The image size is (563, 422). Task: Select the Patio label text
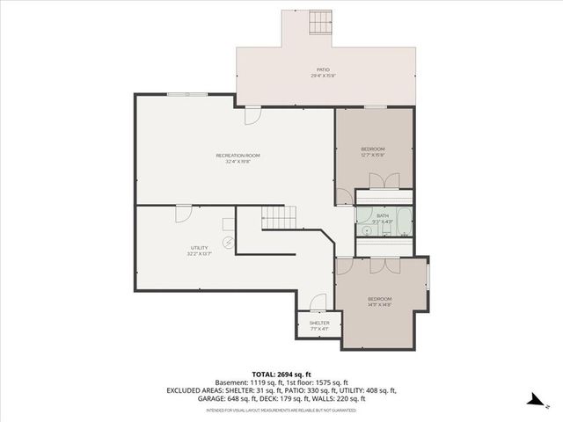pos(324,69)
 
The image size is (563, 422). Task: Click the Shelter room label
pos(318,324)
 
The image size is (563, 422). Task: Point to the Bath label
pos(383,215)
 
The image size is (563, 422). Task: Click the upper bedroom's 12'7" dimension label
pos(372,156)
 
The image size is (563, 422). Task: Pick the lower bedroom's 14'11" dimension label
pos(380,305)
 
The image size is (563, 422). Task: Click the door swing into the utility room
pos(184,213)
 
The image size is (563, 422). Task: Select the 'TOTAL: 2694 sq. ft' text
pos(281,374)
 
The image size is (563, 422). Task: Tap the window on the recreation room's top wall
pos(194,93)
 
